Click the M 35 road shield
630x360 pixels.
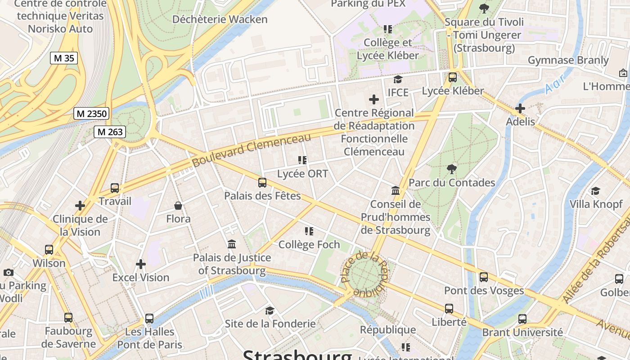63,58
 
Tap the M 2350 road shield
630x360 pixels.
91,114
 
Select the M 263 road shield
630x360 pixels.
110,132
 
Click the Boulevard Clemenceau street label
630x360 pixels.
252,150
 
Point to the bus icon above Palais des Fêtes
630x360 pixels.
262,183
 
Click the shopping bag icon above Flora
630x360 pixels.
178,206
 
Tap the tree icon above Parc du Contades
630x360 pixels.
452,169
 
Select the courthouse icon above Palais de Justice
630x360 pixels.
232,244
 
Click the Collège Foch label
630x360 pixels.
309,245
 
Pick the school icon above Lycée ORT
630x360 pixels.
302,160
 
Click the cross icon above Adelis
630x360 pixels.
520,108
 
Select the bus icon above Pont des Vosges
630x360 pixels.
484,277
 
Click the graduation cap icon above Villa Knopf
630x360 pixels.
596,191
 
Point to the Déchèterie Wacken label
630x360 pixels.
220,19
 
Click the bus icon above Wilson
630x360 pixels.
49,250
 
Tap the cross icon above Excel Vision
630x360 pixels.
141,264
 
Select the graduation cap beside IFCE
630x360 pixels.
398,80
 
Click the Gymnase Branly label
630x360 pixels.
568,60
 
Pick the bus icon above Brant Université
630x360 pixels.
522,319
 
